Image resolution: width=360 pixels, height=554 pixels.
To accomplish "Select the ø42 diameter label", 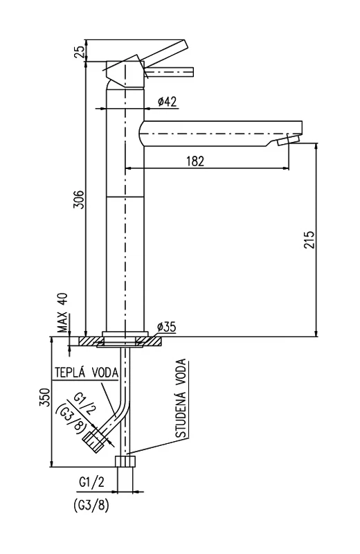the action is (167, 102).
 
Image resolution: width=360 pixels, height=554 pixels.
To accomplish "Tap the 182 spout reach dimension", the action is (195, 161).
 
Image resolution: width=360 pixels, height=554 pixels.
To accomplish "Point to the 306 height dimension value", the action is (79, 199).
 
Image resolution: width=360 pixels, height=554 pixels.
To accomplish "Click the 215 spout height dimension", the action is (309, 240).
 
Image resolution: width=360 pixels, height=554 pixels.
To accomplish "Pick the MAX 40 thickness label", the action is (63, 314).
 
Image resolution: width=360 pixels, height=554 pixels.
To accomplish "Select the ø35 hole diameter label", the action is (165, 327).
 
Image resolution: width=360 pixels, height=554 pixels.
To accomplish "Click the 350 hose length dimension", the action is (46, 397).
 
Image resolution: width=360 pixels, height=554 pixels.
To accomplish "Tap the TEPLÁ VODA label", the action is (87, 373).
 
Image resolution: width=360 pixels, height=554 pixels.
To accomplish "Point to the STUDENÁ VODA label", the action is (181, 399).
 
